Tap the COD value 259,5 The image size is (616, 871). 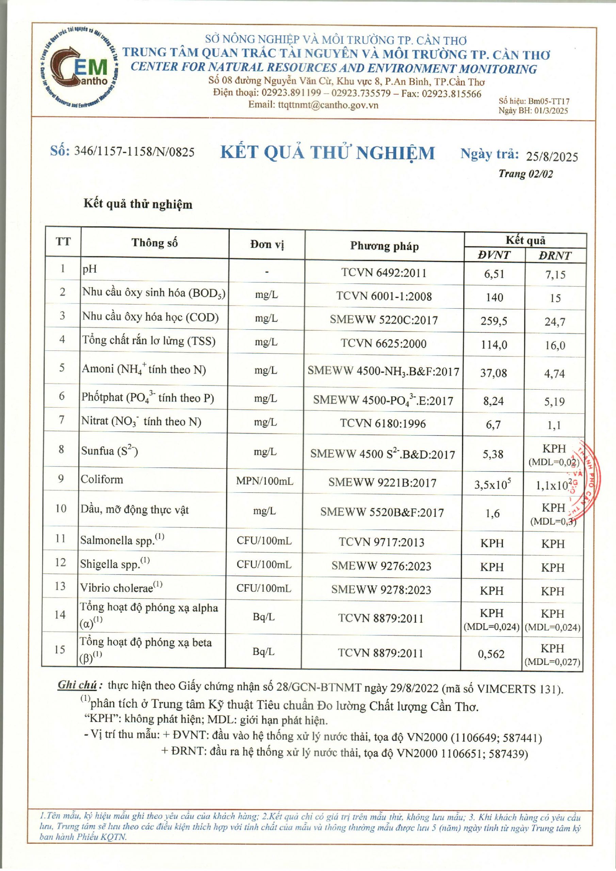[493, 321]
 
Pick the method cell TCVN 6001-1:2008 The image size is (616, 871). [384, 296]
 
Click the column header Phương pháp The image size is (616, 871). [384, 246]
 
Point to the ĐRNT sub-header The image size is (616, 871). [554, 256]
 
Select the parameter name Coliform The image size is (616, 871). [102, 479]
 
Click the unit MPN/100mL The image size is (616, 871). [264, 481]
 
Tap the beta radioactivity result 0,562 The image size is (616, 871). [491, 654]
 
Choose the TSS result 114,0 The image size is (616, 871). [493, 345]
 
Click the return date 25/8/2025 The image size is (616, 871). [552, 157]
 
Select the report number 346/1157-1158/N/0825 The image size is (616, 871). [134, 152]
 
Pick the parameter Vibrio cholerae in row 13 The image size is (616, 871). [116, 588]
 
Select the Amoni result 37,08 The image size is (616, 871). [493, 373]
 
